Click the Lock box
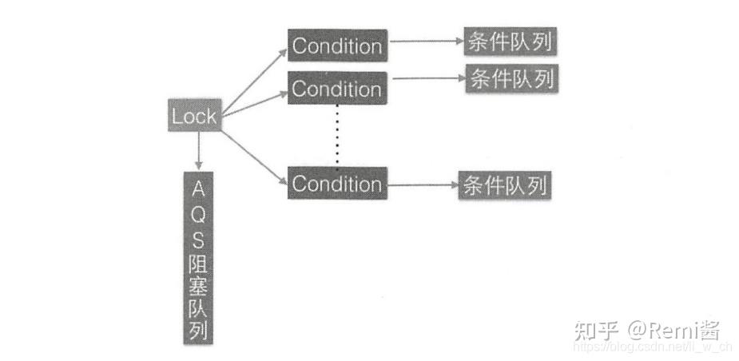[194, 116]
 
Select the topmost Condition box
[336, 46]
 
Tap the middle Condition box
[336, 88]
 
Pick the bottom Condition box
[336, 183]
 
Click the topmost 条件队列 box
[509, 43]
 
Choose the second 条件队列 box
[512, 78]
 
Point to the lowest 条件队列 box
[504, 185]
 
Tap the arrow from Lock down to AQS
[198, 150]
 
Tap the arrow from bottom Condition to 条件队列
[422, 185]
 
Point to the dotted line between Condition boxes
[336, 135]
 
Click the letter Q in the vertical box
[199, 213]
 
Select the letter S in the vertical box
[199, 237]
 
